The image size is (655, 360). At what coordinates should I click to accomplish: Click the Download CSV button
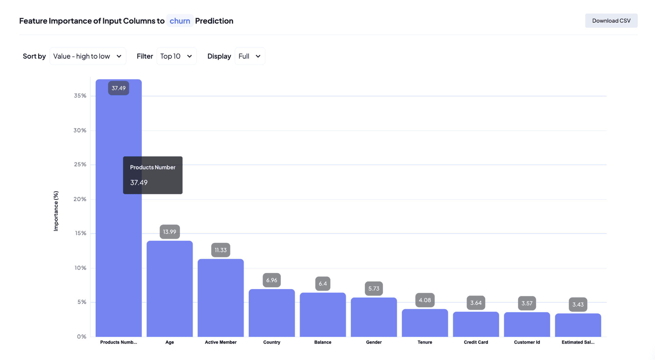[x=611, y=21]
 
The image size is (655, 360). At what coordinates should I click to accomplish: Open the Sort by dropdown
[x=88, y=56]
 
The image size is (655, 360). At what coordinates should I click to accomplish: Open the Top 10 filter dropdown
[x=176, y=56]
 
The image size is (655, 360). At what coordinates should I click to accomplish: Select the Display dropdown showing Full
[x=250, y=56]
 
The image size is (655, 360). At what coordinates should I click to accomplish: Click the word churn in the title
[x=180, y=21]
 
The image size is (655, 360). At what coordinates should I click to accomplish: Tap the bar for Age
[x=170, y=290]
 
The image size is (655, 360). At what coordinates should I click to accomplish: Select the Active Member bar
[x=221, y=298]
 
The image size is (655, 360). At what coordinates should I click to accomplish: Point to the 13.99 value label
[x=170, y=232]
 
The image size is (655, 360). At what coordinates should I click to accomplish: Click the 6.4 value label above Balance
[x=323, y=284]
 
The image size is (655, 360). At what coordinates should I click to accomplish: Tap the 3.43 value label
[x=578, y=304]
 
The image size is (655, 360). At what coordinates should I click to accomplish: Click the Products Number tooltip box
[x=152, y=175]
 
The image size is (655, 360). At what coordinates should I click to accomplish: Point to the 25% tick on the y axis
[x=80, y=164]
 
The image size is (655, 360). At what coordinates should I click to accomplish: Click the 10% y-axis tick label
[x=81, y=268]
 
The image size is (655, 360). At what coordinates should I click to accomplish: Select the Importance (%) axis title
[x=56, y=211]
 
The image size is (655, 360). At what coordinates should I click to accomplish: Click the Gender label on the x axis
[x=374, y=342]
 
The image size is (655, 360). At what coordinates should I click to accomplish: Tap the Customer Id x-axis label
[x=527, y=342]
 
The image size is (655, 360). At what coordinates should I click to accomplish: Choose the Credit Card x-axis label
[x=476, y=342]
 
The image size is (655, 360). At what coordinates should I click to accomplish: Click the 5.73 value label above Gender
[x=374, y=288]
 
